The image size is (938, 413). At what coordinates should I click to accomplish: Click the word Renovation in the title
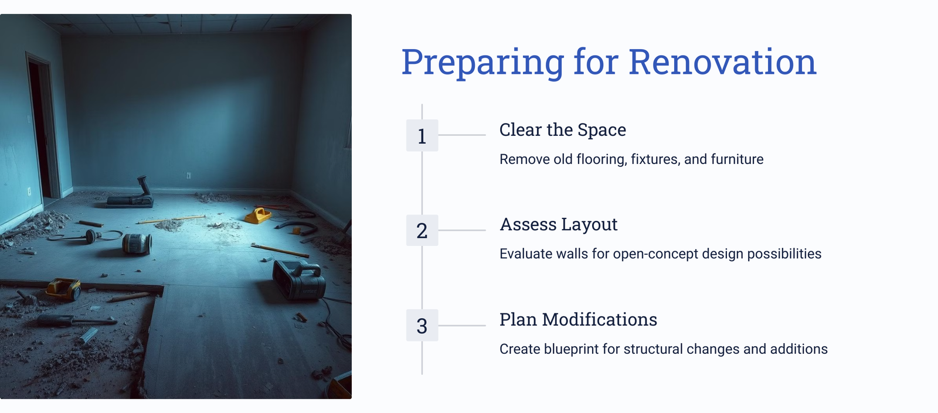point(722,62)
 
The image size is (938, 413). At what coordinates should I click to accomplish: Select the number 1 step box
point(422,135)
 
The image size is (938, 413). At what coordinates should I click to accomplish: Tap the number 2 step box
point(422,231)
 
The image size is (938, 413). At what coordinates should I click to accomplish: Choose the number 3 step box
point(422,326)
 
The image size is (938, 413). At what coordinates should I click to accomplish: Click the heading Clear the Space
point(562,129)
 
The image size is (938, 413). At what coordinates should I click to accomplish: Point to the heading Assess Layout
point(559,225)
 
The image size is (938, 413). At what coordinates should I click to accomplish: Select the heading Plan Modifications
point(578,320)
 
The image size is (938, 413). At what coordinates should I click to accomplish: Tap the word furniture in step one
point(737,159)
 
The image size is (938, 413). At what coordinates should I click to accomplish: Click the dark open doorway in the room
point(40,129)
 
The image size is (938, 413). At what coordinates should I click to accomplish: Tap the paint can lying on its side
point(137,244)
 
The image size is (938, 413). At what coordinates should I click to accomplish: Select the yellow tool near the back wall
point(258,216)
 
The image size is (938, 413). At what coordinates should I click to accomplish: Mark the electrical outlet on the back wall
point(188,176)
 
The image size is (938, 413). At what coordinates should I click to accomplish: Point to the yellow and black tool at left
point(64,289)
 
